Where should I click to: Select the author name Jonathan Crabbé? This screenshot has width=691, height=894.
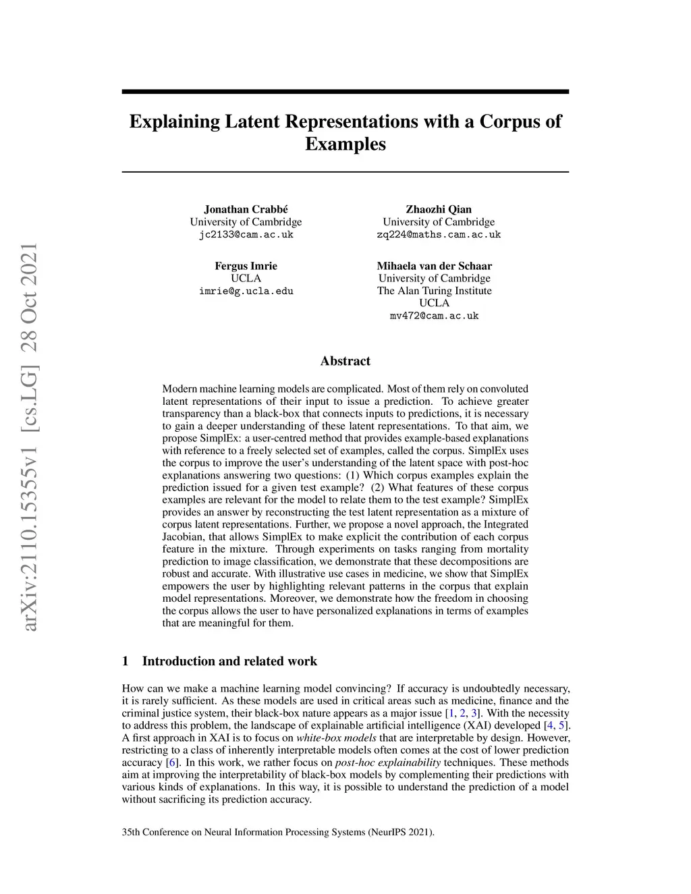point(246,209)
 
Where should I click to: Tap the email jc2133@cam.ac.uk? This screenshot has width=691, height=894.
point(246,235)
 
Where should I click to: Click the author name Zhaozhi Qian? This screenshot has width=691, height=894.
point(439,209)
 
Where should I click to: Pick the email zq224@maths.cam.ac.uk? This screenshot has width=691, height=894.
point(439,235)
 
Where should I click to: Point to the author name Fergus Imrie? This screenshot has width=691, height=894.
point(246,266)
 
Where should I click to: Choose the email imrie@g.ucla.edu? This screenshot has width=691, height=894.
point(246,291)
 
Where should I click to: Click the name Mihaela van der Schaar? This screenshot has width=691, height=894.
point(434,266)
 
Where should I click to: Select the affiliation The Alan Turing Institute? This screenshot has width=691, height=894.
point(434,291)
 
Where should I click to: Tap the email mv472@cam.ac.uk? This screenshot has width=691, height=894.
point(434,316)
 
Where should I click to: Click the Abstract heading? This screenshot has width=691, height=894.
point(345,361)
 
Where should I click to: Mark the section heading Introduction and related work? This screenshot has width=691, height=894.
point(229,661)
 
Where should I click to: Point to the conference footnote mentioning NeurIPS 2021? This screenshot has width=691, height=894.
point(278,832)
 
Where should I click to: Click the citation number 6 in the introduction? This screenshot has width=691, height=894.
point(171,762)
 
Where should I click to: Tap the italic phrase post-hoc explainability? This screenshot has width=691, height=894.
point(387,762)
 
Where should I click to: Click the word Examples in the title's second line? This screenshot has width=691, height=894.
point(345,144)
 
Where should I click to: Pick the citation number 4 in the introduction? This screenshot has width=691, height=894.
point(548,725)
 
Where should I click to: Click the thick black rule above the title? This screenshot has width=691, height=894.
point(345,92)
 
